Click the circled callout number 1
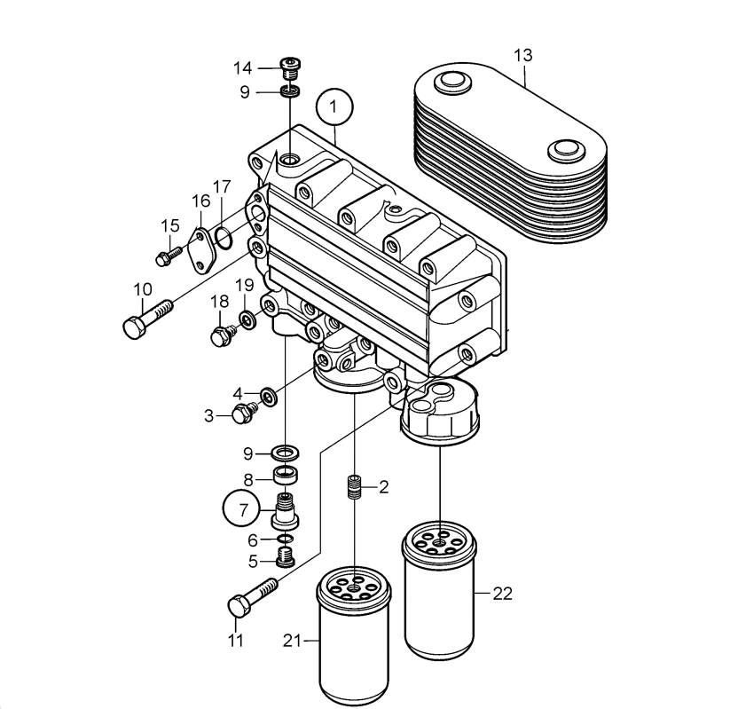[334, 107]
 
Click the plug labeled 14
[290, 66]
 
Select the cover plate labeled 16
[202, 252]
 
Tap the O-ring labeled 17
[225, 237]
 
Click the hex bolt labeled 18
[222, 335]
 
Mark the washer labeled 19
[246, 318]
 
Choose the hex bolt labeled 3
[242, 412]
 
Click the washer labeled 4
[266, 392]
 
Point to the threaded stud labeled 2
[355, 487]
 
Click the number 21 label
[293, 640]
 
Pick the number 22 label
[502, 594]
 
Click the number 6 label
[253, 540]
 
